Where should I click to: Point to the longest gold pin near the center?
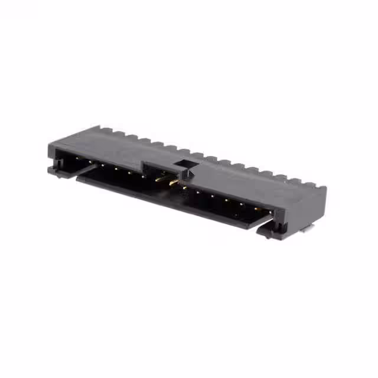pyautogui.click(x=172, y=181)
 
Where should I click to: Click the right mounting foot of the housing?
pyautogui.click(x=269, y=232)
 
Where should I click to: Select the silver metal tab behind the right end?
pyautogui.click(x=305, y=231)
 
